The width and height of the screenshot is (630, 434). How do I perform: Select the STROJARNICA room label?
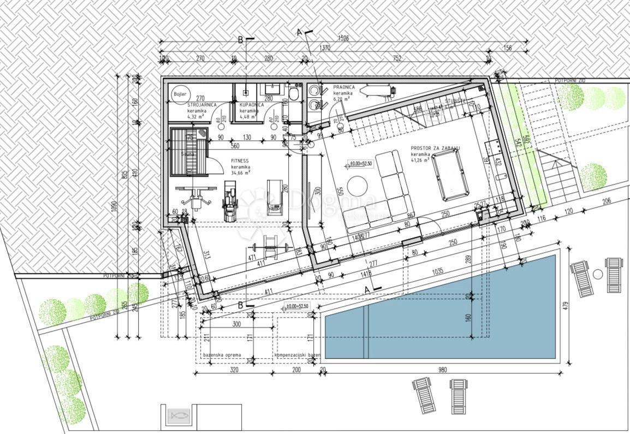click(x=202, y=104)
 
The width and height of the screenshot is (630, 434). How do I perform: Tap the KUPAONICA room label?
click(x=252, y=104)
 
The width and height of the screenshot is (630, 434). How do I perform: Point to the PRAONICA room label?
click(x=344, y=87)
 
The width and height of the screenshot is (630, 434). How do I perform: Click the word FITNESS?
click(x=241, y=161)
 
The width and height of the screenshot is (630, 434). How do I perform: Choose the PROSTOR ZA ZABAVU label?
click(x=435, y=148)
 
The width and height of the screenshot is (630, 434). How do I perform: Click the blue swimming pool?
click(x=439, y=316)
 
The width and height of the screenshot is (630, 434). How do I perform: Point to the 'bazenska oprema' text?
click(x=222, y=355)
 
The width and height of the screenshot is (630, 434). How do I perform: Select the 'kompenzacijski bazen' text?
click(x=297, y=355)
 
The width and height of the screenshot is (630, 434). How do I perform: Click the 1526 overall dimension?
click(x=344, y=38)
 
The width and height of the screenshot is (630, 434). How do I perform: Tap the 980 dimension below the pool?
click(x=442, y=370)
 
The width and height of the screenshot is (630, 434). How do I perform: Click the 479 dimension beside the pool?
click(x=566, y=305)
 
